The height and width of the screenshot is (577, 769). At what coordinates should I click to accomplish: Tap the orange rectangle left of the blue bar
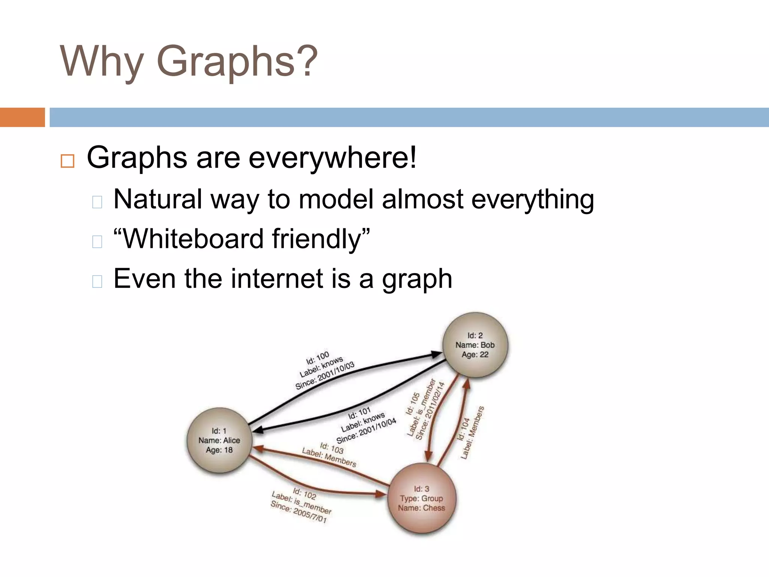(x=22, y=117)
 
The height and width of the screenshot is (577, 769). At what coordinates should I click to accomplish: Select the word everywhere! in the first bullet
(x=332, y=158)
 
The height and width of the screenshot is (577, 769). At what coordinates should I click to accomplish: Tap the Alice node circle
(x=219, y=440)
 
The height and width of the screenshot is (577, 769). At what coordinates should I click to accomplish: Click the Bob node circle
(x=475, y=345)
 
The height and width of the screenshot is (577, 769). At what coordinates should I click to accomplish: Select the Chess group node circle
(x=422, y=498)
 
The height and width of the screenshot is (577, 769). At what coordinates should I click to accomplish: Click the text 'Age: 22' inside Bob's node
(x=475, y=355)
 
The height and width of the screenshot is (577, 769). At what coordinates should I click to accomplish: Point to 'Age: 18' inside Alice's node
(x=219, y=450)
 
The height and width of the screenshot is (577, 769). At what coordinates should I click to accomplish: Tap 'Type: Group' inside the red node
(x=421, y=498)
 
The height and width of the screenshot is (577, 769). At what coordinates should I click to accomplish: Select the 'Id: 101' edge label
(x=359, y=414)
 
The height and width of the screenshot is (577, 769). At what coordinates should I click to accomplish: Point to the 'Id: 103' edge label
(x=332, y=448)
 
